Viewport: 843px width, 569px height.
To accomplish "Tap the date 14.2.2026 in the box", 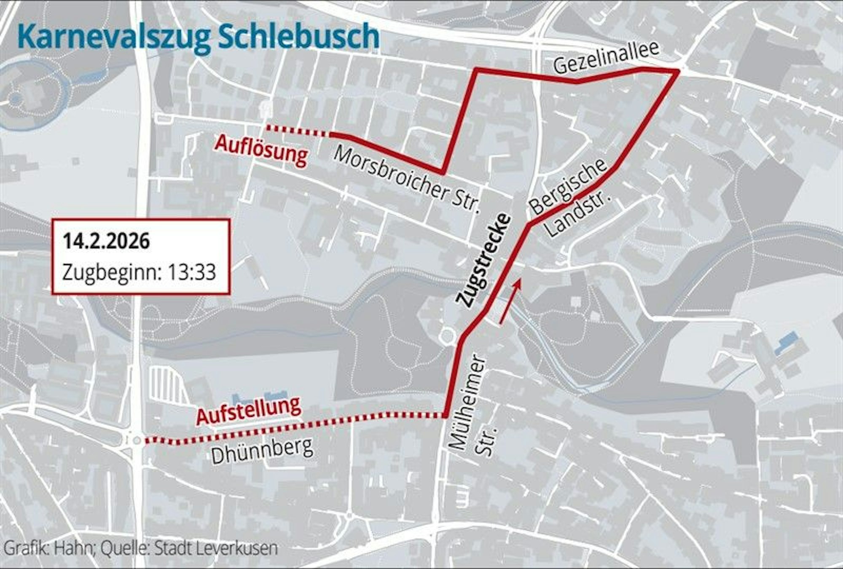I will pyautogui.click(x=106, y=242).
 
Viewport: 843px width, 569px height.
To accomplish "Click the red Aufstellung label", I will pyautogui.click(x=249, y=411).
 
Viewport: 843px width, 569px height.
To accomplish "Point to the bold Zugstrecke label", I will pyautogui.click(x=484, y=260).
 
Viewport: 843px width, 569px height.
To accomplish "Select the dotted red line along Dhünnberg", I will pyautogui.click(x=295, y=424).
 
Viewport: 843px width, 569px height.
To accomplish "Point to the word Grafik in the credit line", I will pyautogui.click(x=23, y=548).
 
